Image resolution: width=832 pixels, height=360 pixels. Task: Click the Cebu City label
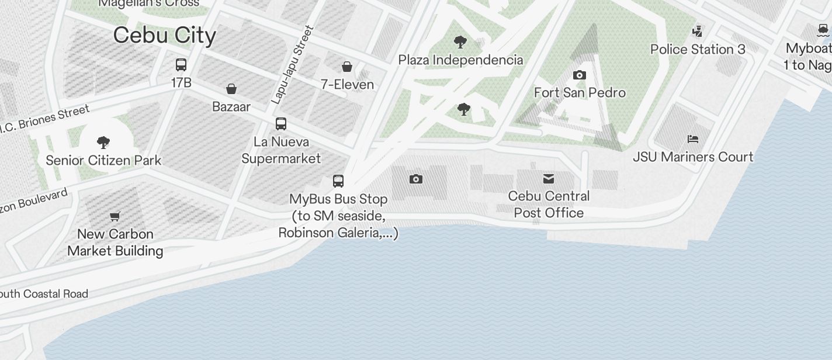[x=165, y=35]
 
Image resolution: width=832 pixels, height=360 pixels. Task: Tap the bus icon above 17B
[x=181, y=65]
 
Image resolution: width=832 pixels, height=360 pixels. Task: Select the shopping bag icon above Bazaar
[x=231, y=89]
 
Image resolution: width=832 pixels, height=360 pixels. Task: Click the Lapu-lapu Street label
[x=293, y=65]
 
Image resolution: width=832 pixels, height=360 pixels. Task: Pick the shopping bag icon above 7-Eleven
[x=347, y=67]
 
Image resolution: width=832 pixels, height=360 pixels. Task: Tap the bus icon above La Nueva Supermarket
[x=281, y=124]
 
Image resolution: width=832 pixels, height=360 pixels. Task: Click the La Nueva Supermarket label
[x=281, y=150]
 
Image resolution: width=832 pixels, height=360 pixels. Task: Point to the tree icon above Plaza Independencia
[x=460, y=42]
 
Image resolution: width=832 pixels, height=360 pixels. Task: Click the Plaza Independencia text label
[x=460, y=60]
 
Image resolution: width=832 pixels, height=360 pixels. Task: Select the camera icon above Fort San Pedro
[x=580, y=75]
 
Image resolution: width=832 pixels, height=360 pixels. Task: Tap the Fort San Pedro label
[x=580, y=93]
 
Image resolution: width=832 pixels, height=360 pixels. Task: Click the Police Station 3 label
[x=698, y=50]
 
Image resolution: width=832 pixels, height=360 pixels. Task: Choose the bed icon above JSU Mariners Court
[x=693, y=139]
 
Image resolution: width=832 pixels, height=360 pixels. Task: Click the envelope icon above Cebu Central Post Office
[x=549, y=179]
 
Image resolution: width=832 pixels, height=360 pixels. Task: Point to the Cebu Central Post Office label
[x=549, y=205]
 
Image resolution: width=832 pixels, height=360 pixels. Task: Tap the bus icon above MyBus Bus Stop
[x=338, y=181]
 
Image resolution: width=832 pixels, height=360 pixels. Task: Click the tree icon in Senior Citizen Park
[x=103, y=142]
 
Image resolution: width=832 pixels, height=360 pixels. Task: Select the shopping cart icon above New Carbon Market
[x=115, y=217]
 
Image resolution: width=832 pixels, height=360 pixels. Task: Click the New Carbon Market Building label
[x=115, y=243]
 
